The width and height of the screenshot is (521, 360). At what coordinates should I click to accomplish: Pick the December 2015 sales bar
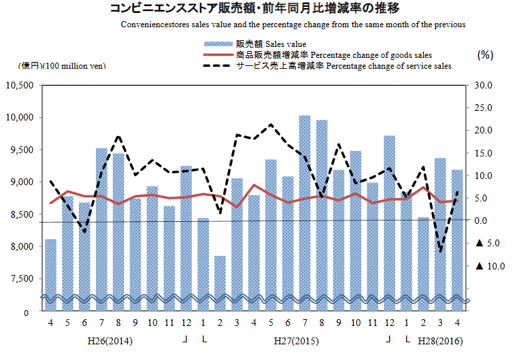(389, 218)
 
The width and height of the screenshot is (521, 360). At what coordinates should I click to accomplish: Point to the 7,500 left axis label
(22, 278)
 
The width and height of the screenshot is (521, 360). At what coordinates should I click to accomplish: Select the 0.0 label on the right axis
(483, 220)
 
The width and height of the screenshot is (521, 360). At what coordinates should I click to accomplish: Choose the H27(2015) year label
(296, 340)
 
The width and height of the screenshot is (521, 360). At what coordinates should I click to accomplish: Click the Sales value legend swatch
(216, 44)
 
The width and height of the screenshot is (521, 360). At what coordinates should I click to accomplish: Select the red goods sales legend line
(216, 55)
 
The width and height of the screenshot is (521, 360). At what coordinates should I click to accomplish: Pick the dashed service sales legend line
(216, 66)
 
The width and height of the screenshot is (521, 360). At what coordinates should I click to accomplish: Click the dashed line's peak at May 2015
(271, 125)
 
